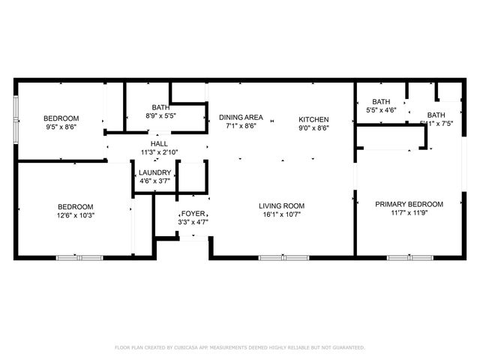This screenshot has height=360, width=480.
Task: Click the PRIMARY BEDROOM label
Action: click(409, 204)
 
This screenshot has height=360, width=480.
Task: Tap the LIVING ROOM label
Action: click(281, 206)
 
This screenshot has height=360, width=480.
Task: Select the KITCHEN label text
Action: click(313, 119)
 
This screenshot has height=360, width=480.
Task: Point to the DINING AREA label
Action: click(241, 118)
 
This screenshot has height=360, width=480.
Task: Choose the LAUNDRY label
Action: click(155, 172)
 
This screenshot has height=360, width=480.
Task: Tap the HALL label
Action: click(159, 144)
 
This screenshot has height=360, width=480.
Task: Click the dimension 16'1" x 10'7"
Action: click(281, 215)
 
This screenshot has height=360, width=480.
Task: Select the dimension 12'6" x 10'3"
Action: click(76, 216)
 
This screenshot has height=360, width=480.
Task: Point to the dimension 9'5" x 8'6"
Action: click(61, 127)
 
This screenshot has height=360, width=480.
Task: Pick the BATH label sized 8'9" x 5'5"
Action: click(160, 108)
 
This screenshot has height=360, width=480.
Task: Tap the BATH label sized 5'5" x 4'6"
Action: click(381, 102)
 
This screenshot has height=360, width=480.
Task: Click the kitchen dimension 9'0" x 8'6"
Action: click(313, 127)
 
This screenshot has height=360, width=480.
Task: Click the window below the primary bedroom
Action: click(409, 258)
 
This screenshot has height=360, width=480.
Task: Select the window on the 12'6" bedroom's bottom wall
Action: click(80, 258)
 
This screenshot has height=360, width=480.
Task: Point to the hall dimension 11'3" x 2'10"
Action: click(159, 152)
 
